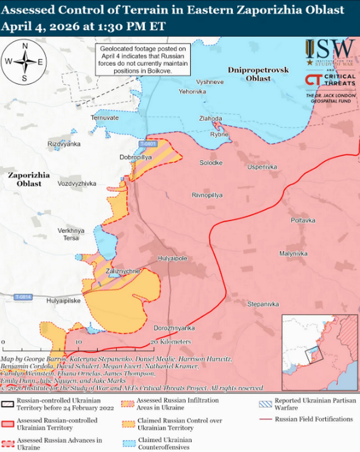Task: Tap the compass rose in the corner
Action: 24,62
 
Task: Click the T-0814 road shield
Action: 23,297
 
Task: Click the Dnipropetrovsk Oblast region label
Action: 258,74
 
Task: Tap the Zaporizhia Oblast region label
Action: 24,180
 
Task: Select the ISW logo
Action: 330,51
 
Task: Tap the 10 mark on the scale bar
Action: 78,342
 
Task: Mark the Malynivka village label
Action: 293,254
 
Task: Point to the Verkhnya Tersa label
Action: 68,234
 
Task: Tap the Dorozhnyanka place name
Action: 174,328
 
